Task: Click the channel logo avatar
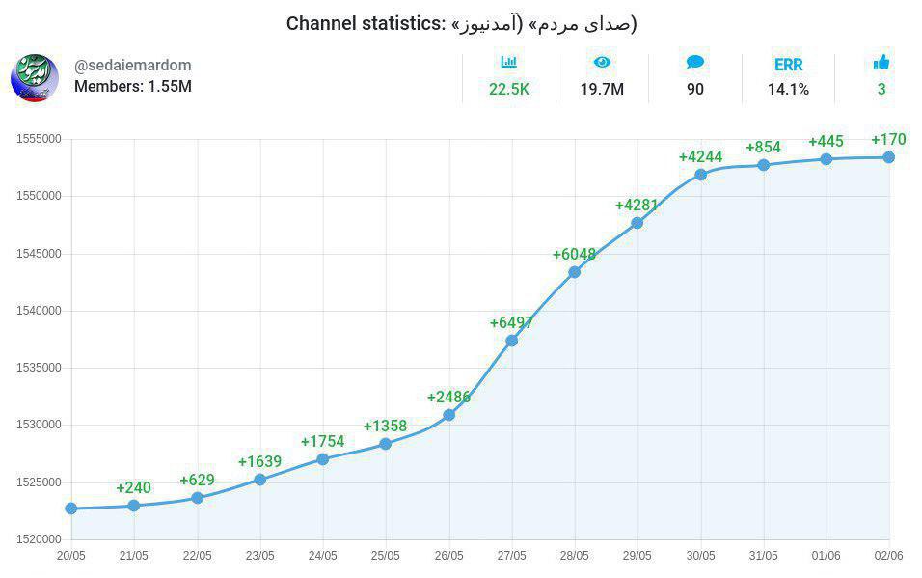35,78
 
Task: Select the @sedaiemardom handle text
133,66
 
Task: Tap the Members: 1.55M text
133,86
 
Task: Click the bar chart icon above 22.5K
509,63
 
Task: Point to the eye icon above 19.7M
602,63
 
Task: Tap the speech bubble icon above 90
695,63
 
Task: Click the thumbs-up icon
881,63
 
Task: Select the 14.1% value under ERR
788,90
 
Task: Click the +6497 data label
511,322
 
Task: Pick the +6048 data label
574,254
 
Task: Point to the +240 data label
134,487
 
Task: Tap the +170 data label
888,140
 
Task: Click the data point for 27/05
511,341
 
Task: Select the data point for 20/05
71,508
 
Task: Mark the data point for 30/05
700,175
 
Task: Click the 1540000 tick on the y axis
39,311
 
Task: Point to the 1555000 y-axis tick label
39,139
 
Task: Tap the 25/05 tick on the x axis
386,556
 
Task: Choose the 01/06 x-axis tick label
826,556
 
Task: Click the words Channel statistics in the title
365,23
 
